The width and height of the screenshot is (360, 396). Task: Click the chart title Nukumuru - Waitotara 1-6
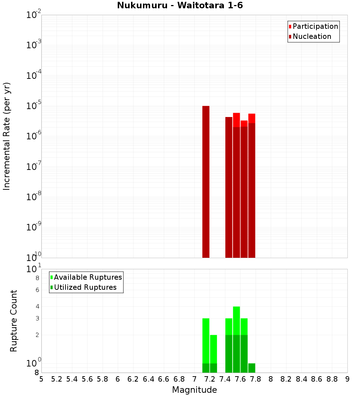coord(180,6)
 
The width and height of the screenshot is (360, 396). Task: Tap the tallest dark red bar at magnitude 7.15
coord(206,180)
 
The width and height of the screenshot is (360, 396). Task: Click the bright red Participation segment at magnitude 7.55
coord(237,120)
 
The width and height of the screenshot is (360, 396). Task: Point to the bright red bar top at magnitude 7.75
coord(252,118)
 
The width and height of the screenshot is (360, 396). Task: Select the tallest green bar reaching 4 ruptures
coord(237,320)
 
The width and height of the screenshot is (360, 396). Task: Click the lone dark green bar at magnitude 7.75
coord(252,368)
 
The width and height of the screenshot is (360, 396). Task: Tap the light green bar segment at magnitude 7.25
coord(213,349)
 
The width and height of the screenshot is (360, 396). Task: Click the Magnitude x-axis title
coord(194,390)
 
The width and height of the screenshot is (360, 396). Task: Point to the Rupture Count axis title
coord(14,320)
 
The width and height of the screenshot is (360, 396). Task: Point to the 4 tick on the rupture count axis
coord(37,307)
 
